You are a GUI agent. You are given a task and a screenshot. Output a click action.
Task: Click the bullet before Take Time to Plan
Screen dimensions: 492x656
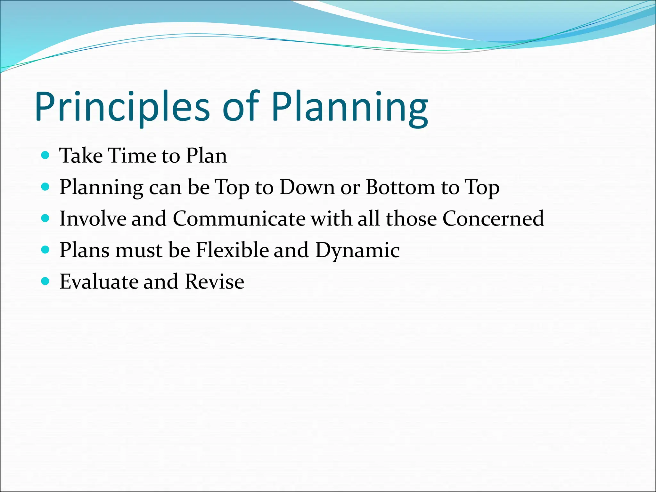45,155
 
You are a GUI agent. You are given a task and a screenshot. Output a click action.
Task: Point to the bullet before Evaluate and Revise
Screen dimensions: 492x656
45,281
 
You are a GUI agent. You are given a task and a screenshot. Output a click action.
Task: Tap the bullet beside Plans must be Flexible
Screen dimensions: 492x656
45,250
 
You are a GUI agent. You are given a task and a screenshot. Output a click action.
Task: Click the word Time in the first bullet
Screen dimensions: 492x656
132,156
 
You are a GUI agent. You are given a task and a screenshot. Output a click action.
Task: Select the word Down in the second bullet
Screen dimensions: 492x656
307,187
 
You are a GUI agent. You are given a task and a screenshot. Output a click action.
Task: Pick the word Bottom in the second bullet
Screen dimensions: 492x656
400,187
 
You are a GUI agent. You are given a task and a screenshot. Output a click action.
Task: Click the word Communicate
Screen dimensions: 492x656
239,218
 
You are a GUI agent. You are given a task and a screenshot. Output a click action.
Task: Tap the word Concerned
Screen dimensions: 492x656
493,218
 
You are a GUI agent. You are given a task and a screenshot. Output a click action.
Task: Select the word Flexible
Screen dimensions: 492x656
232,250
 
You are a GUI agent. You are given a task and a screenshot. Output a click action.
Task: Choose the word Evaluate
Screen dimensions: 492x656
98,282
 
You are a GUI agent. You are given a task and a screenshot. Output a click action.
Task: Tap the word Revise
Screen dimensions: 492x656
214,282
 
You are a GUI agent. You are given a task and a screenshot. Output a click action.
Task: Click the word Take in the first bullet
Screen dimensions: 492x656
81,156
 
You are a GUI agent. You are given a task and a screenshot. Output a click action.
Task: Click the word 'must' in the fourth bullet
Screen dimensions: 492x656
139,250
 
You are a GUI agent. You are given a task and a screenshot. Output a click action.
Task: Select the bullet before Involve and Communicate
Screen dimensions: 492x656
45,218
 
